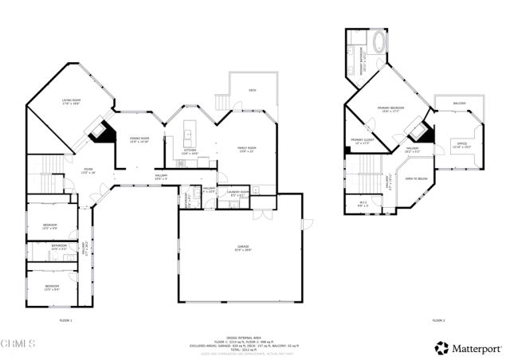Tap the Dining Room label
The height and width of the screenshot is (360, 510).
coord(139,139)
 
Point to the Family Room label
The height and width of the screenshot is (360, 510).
coord(246,148)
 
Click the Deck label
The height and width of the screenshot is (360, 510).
coord(252,90)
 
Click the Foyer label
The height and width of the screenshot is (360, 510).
coord(89,169)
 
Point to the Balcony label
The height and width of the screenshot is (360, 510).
coord(459,104)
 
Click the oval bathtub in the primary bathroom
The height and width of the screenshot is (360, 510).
coord(379,42)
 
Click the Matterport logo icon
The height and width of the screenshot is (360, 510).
coord(440,348)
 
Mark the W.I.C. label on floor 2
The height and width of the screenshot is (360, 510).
coord(363,204)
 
